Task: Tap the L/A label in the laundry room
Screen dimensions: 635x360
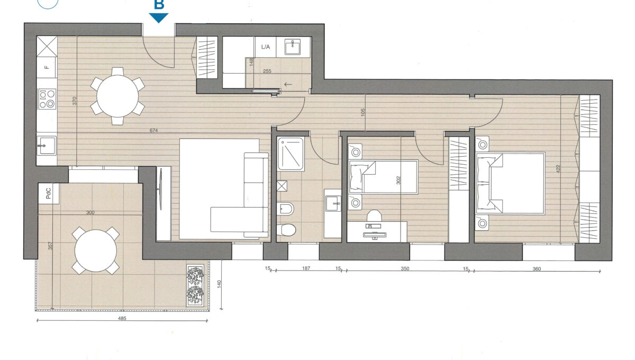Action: [265, 47]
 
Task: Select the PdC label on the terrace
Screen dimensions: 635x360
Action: [49, 193]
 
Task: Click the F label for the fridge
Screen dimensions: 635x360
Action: [47, 67]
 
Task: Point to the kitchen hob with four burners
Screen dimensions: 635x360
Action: [47, 98]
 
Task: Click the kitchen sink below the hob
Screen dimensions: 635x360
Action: [47, 146]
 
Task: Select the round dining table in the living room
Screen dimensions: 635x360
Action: [117, 96]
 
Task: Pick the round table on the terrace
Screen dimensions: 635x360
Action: [96, 251]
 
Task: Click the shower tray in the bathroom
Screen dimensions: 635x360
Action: [291, 154]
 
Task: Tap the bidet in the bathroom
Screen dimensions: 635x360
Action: [286, 209]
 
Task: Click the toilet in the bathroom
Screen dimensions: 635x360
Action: [287, 230]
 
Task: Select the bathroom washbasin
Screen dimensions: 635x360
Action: [333, 203]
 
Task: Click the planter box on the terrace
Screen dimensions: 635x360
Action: [195, 286]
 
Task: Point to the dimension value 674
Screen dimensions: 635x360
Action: [153, 130]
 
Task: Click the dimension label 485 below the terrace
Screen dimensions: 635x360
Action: [122, 318]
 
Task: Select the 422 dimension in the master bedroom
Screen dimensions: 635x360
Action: [558, 169]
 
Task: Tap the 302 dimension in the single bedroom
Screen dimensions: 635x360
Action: [398, 181]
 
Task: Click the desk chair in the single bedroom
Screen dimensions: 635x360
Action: [374, 216]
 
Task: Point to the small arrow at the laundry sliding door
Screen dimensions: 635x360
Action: [288, 84]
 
